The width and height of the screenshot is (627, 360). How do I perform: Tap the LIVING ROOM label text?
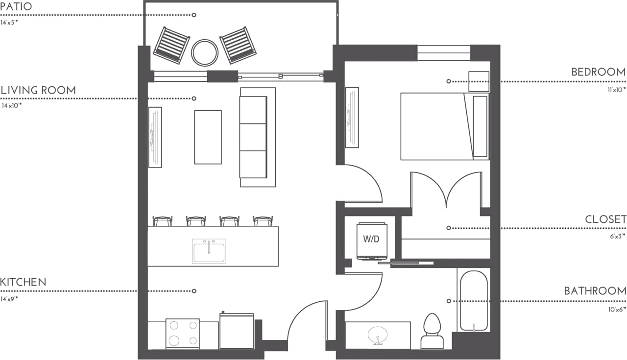[38, 91]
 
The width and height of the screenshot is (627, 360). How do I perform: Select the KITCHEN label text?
[23, 283]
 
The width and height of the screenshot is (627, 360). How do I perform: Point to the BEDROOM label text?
[598, 72]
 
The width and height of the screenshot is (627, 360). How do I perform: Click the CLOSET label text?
[605, 219]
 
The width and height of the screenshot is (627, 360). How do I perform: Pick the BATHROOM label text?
[595, 291]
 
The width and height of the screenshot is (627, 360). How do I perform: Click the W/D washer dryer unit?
[372, 240]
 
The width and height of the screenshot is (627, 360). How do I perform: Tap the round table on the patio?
[204, 52]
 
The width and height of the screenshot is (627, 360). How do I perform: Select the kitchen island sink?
[209, 251]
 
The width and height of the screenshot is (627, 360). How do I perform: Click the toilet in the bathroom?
[432, 331]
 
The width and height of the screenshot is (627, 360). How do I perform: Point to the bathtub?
[474, 301]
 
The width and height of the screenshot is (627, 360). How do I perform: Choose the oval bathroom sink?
[378, 335]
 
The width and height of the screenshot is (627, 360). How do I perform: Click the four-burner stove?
[182, 334]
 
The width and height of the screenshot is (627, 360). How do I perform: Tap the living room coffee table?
[208, 137]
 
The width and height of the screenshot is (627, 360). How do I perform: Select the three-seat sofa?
[254, 137]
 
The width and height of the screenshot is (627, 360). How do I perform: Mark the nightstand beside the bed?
[479, 81]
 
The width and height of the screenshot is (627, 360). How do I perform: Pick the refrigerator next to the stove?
[237, 331]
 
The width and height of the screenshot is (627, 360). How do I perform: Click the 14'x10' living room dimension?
[12, 105]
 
